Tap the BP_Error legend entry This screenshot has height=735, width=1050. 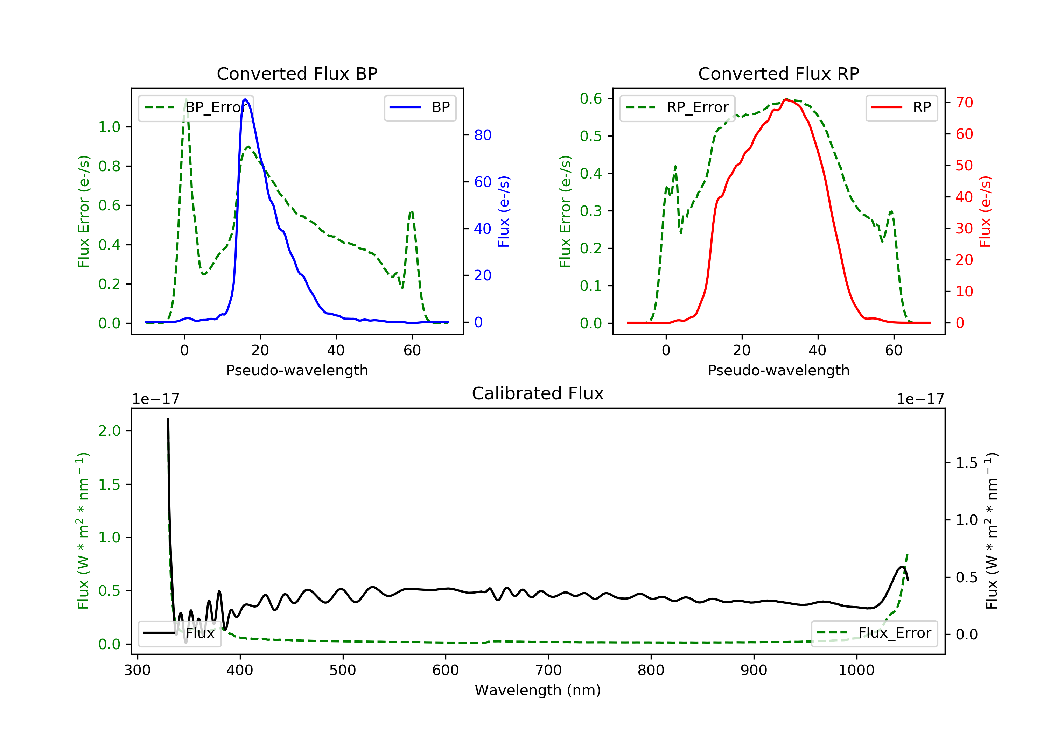pyautogui.click(x=196, y=107)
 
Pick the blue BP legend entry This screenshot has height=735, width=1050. pyautogui.click(x=420, y=107)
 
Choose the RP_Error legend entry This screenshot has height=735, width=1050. pyautogui.click(x=677, y=107)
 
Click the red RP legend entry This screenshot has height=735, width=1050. pyautogui.click(x=901, y=107)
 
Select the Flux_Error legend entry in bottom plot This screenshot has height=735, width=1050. pyautogui.click(x=874, y=633)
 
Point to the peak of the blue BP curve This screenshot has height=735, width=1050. pyautogui.click(x=246, y=99)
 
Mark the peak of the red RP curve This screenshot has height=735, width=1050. pyautogui.click(x=786, y=99)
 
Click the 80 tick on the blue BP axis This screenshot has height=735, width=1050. pyautogui.click(x=482, y=135)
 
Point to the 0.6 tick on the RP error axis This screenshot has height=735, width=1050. pyautogui.click(x=591, y=98)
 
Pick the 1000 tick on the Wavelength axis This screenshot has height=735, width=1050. pyautogui.click(x=856, y=671)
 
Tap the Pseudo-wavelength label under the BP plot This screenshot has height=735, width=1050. pyautogui.click(x=297, y=370)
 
